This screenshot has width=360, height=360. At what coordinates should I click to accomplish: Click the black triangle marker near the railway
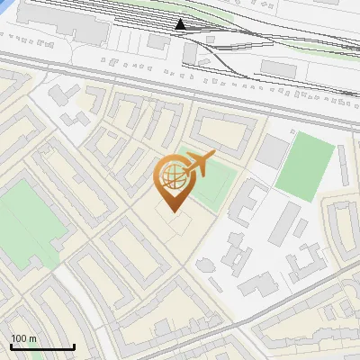(181, 24)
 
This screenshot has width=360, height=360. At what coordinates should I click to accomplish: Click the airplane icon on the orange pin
(199, 164)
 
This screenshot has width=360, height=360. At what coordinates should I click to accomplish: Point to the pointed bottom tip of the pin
(172, 211)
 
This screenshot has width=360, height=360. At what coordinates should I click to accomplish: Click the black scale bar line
(42, 347)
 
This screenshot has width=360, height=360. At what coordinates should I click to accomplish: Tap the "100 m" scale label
(23, 339)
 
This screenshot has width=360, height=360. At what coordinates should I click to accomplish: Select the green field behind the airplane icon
(211, 181)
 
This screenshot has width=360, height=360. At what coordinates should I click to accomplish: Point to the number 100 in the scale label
(19, 339)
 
